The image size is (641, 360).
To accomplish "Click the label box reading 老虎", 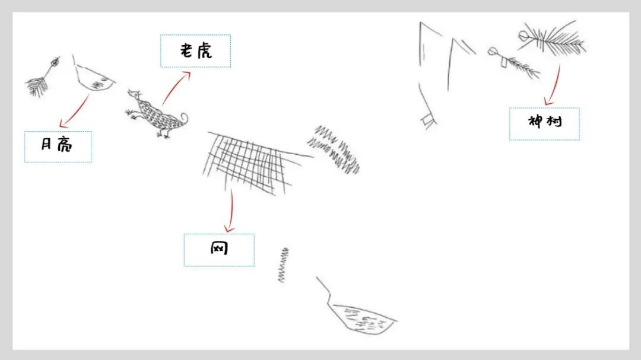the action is click(x=195, y=51).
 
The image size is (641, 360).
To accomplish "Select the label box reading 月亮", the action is click(x=58, y=146).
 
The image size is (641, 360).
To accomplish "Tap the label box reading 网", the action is click(x=219, y=250).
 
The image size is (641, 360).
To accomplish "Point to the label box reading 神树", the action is click(x=544, y=124).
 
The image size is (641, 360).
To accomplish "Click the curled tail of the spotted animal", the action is click(x=183, y=119).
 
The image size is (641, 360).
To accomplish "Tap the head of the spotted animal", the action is click(x=134, y=95).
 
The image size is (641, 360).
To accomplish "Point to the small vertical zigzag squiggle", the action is click(x=283, y=265).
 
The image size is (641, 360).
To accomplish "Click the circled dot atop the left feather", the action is click(x=55, y=62).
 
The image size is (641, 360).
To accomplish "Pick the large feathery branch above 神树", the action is click(x=552, y=39).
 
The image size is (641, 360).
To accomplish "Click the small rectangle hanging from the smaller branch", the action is click(x=504, y=62).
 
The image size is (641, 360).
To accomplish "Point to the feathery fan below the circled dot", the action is click(x=37, y=87).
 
